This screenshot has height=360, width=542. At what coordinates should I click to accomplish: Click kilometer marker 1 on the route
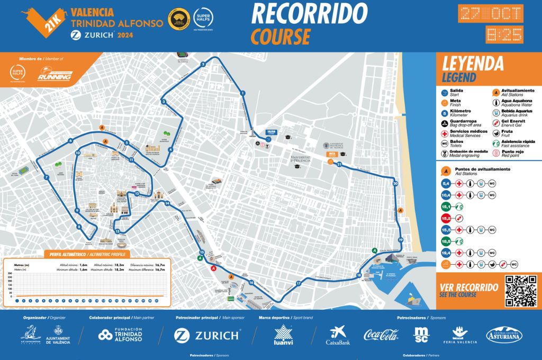pos(242,93)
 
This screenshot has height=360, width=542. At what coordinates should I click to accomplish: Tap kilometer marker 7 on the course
pos(47,177)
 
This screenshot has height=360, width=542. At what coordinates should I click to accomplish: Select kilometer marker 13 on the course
pos(117,231)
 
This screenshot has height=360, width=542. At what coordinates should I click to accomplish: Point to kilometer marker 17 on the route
pos(299,284)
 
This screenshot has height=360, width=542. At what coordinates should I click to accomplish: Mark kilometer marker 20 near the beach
pos(395,184)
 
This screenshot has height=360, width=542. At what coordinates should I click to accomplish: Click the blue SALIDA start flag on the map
pos(271,132)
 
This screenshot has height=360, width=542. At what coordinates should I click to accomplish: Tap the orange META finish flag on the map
pos(332,154)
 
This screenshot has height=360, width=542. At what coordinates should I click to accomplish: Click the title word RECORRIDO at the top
pos(309,14)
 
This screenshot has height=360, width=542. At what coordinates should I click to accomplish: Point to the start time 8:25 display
pos(504,35)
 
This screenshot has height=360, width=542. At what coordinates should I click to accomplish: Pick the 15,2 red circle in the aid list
pos(446,218)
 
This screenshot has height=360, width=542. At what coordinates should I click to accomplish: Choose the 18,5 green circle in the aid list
pos(446,242)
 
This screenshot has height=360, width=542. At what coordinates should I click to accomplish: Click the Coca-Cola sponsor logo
pos(381,335)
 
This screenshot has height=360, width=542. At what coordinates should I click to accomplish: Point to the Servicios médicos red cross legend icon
pos(445,133)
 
